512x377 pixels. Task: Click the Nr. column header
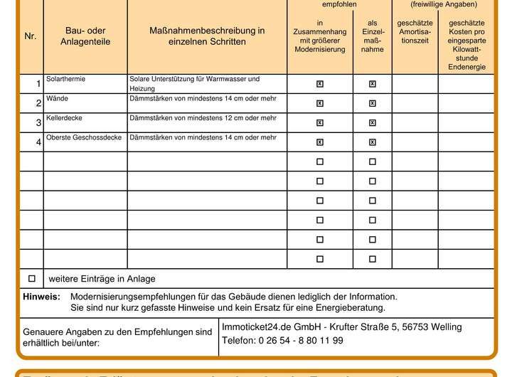tap(30, 36)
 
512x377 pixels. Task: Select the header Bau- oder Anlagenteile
tap(85, 36)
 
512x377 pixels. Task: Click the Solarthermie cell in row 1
tap(65, 79)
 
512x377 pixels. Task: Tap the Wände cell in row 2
tap(57, 98)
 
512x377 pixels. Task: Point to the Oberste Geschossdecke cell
tap(84, 137)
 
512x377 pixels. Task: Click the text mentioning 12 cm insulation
tap(203, 117)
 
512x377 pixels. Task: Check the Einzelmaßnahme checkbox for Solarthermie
tap(373, 84)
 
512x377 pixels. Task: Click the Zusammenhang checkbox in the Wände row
tap(320, 103)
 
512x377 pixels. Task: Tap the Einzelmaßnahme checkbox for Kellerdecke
tap(373, 122)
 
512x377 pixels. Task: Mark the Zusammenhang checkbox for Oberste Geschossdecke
tap(320, 142)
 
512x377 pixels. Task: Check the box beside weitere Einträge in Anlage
tap(31, 278)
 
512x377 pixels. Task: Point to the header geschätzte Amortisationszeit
tap(415, 32)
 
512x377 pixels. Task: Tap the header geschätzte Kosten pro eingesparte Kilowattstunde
tap(466, 45)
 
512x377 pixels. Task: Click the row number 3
tap(38, 123)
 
